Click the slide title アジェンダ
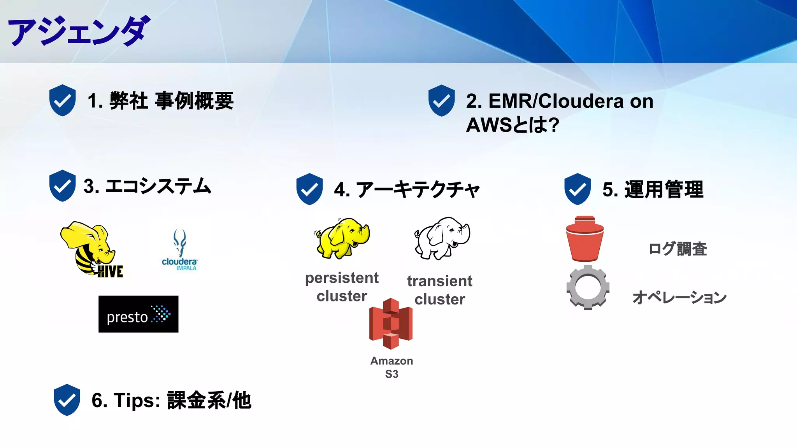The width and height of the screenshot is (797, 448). click(x=79, y=31)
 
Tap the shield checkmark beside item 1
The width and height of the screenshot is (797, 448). click(x=62, y=100)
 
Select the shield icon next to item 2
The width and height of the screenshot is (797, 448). click(x=441, y=100)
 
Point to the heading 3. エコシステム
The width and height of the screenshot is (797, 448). click(x=147, y=186)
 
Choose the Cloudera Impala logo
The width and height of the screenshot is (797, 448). click(x=180, y=250)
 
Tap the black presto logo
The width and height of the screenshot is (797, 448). click(x=138, y=314)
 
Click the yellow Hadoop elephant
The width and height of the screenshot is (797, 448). click(x=342, y=238)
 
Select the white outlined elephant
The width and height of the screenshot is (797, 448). click(x=442, y=238)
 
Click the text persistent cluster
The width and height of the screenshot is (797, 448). click(x=342, y=287)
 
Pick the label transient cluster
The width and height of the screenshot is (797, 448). click(x=440, y=290)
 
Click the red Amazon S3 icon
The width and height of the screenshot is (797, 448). click(x=391, y=324)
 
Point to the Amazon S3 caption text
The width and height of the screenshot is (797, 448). click(x=391, y=367)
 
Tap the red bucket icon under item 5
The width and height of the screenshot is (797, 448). click(x=585, y=238)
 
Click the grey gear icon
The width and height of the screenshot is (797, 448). click(x=588, y=288)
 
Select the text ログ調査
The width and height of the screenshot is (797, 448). click(x=678, y=249)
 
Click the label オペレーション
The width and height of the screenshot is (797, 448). click(x=679, y=297)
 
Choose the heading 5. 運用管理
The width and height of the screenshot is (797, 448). click(x=653, y=189)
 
